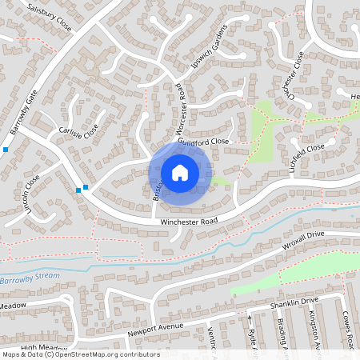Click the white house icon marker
pos(180,172)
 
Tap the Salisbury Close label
pos(49,17)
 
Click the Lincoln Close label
pos(32,196)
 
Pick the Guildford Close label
pos(204,142)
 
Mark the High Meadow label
pos(45,347)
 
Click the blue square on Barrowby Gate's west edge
pos(6,150)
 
